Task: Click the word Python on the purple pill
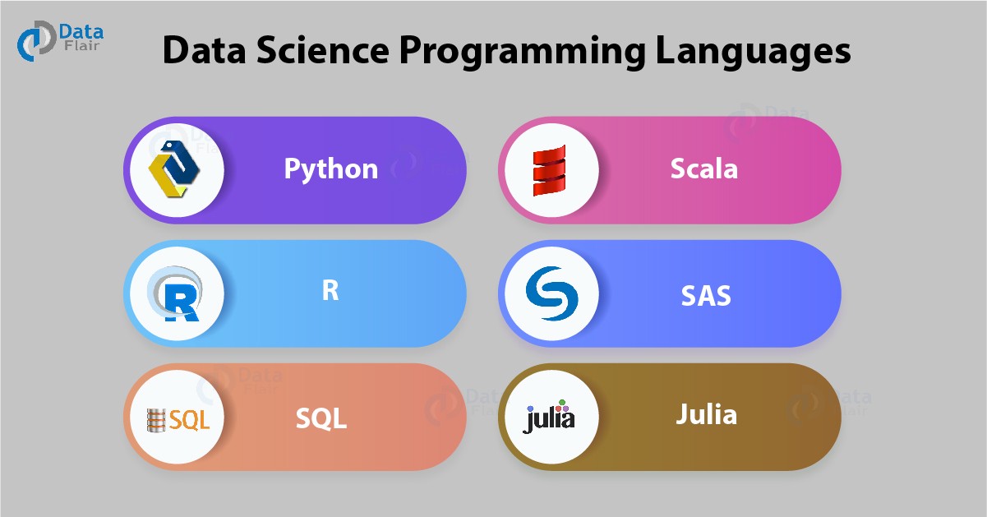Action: [331, 168]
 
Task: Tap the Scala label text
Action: [704, 168]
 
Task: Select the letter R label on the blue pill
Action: [330, 291]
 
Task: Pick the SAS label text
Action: [705, 293]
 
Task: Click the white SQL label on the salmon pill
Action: [321, 418]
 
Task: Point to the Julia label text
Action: [706, 414]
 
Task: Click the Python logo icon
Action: [174, 169]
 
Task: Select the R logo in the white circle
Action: [175, 294]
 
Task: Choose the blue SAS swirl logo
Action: [549, 293]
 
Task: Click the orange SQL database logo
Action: [177, 420]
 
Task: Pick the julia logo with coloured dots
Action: [550, 418]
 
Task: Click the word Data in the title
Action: [201, 52]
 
